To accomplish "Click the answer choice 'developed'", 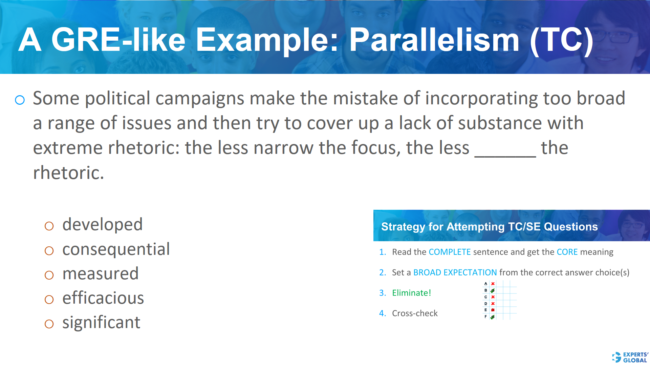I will tap(102, 225).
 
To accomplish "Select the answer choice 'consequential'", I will tap(116, 249).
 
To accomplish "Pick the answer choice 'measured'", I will tap(101, 274).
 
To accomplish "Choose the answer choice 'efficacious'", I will tap(103, 298).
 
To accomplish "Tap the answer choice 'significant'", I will tap(101, 323).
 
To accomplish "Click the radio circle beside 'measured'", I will tap(49, 275).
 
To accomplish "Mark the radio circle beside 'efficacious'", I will tap(49, 300).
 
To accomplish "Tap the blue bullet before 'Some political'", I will tap(20, 100).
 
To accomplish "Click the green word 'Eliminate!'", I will tap(411, 293).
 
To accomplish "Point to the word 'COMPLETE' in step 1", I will tap(450, 252).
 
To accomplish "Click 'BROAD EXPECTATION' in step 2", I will tap(455, 272).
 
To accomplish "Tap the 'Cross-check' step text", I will tap(415, 313).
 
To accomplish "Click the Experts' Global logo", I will tap(630, 357).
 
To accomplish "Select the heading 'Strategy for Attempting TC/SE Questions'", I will tap(489, 226).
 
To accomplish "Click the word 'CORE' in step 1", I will tap(567, 252).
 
